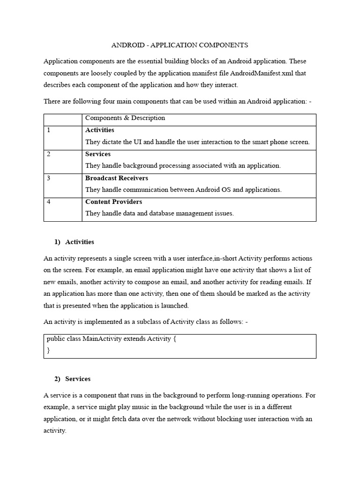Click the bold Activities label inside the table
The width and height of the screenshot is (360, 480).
click(99, 130)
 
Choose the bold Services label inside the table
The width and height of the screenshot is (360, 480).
click(98, 154)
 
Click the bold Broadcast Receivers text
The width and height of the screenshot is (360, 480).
click(116, 178)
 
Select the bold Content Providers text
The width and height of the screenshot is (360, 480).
click(113, 202)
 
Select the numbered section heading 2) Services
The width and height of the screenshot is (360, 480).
click(73, 379)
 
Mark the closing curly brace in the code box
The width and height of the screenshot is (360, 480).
click(48, 350)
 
